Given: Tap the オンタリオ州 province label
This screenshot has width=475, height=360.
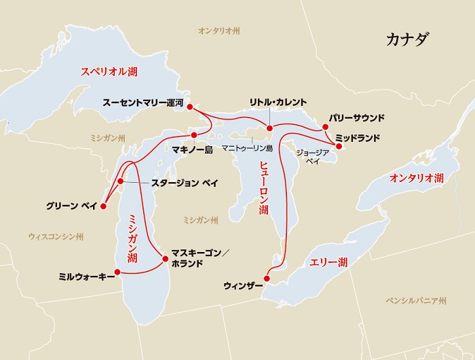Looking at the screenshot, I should coord(219,31).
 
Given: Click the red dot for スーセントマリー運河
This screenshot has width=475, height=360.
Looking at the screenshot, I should coord(190,107).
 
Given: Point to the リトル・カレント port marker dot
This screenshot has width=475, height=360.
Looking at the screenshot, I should coord(269,128).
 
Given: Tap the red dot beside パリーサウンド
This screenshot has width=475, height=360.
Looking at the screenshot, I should coord(326,126).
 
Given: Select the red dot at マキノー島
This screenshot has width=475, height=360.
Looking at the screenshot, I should coord(194,134).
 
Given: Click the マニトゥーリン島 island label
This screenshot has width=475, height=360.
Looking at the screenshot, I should coord(249,148).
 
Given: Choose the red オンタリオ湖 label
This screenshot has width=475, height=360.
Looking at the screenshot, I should coord(416,178).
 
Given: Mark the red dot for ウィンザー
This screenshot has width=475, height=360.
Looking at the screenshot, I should coord(267,278).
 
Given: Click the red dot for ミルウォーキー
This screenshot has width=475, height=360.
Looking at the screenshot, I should coord(117,272).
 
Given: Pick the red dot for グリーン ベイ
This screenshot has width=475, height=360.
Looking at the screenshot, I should coord(103,204).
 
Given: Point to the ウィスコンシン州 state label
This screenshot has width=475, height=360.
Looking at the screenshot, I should coord(56,236).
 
